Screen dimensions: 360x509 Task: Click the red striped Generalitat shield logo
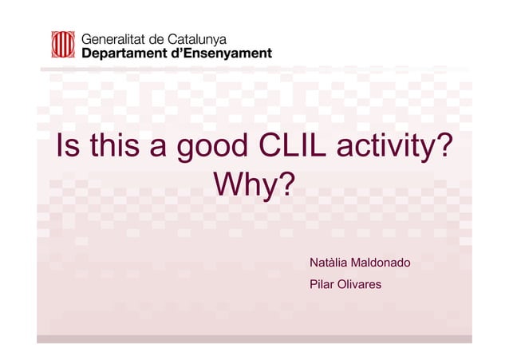tap(63, 45)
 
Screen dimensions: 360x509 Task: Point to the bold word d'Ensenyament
tap(227, 53)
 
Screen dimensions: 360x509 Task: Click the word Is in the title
tap(65, 147)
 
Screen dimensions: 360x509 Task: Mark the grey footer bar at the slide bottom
tap(254, 338)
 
